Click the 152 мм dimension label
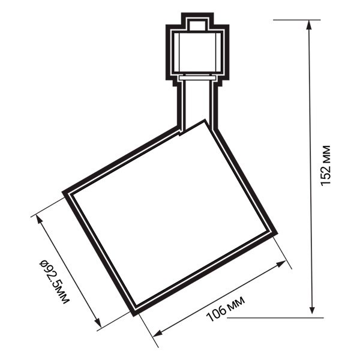coord(326,166)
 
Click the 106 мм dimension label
coord(226,308)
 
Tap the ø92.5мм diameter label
coord(54,282)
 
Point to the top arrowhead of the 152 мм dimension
coord(309,25)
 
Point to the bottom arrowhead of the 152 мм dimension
coord(311,309)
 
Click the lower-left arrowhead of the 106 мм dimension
coord(158,334)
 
